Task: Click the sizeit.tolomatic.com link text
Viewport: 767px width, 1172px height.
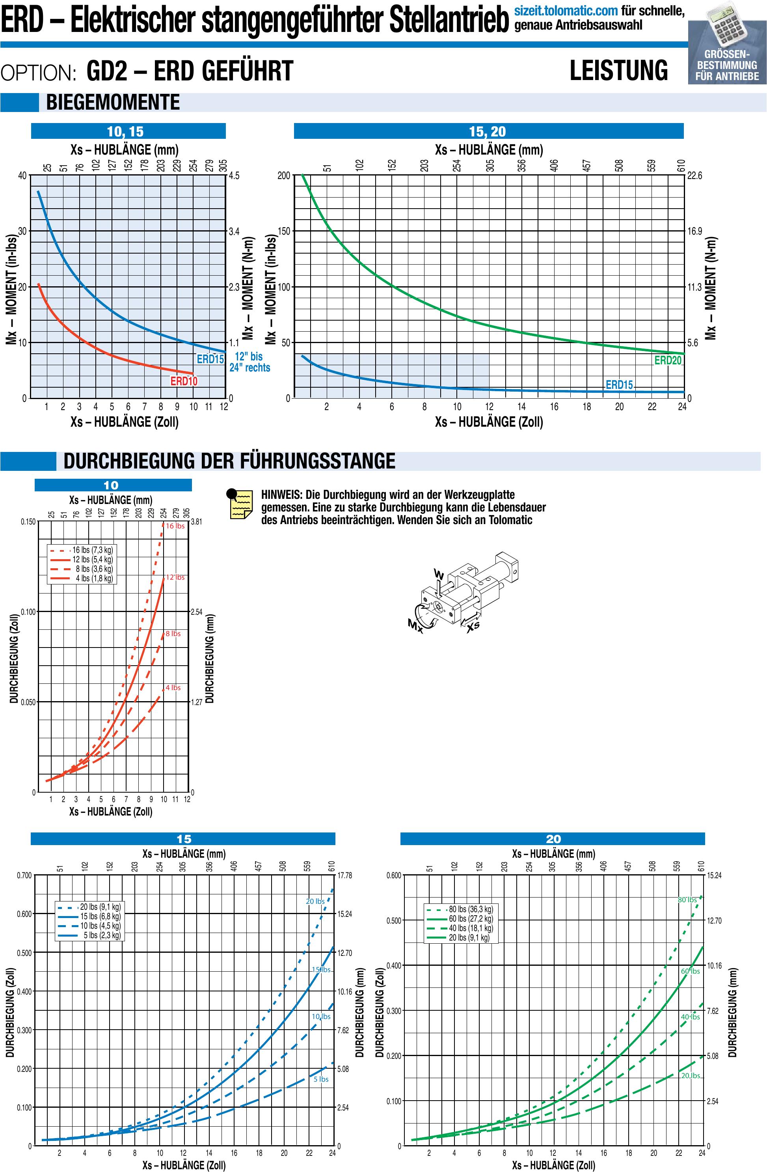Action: coord(566,10)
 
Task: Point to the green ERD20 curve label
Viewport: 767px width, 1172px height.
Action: coord(668,360)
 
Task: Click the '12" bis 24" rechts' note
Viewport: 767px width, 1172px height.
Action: coord(249,362)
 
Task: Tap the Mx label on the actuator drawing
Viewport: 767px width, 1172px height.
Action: coord(415,626)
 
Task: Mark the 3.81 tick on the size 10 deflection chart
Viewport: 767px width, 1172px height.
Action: coord(196,522)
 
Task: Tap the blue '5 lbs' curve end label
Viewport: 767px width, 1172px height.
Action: coord(320,1079)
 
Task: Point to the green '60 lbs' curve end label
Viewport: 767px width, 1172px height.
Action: coord(690,971)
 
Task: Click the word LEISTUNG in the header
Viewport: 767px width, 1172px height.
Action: coord(618,71)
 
